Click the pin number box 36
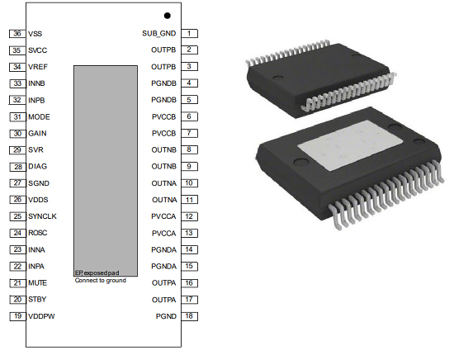click(x=17, y=33)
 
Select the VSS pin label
click(x=35, y=34)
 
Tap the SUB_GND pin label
click(x=159, y=34)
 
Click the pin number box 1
click(x=189, y=33)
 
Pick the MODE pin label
click(x=39, y=117)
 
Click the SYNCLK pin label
click(x=42, y=217)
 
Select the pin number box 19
click(x=17, y=317)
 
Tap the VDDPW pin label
click(x=41, y=317)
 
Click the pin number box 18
click(x=189, y=317)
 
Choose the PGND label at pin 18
click(x=166, y=317)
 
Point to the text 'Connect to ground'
click(x=102, y=281)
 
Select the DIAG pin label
click(x=37, y=167)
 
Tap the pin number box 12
click(x=189, y=217)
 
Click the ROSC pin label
click(x=38, y=234)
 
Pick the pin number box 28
click(x=17, y=167)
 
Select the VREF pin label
click(x=37, y=67)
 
